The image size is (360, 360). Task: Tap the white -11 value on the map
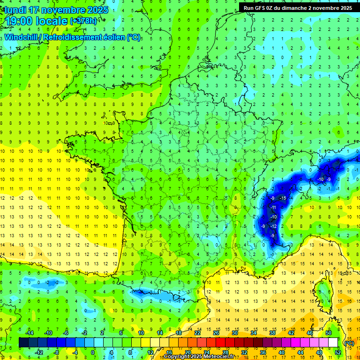click(x=273, y=207)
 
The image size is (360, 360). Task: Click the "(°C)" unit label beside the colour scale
click(x=349, y=343)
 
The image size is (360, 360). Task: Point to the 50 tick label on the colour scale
click(x=329, y=333)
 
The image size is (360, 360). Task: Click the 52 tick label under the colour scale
click(x=337, y=352)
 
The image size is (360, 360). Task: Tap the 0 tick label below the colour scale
click(x=93, y=352)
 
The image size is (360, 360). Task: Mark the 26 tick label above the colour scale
click(x=216, y=333)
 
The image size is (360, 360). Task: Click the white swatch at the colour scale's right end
click(x=333, y=343)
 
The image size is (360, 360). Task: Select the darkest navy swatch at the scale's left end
click(x=23, y=343)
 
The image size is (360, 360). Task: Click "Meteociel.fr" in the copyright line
click(x=219, y=357)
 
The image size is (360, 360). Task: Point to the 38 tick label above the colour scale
click(x=272, y=333)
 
